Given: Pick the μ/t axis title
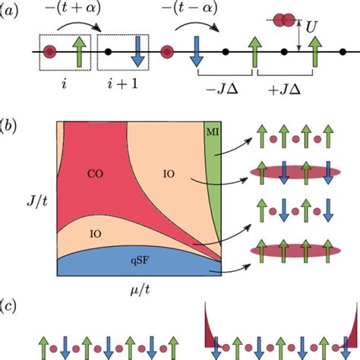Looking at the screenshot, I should (138, 290).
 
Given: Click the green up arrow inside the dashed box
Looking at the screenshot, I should (75, 52).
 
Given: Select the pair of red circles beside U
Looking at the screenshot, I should (286, 18).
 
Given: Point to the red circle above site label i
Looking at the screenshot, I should (51, 52).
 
